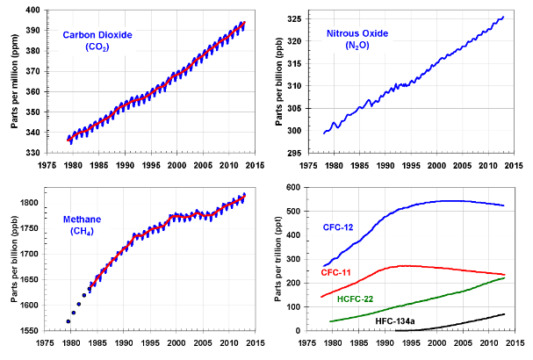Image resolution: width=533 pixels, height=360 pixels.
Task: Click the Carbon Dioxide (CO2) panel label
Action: (97, 40)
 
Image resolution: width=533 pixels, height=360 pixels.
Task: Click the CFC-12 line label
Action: (339, 227)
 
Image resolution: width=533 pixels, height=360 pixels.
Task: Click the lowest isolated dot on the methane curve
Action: (68, 321)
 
